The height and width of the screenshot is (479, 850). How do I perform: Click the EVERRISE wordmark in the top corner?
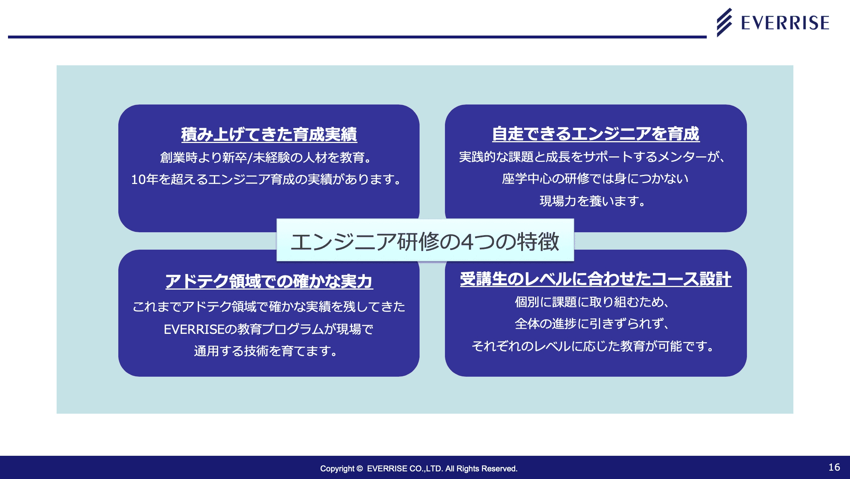point(785,23)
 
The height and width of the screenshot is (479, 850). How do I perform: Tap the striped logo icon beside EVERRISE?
point(724,22)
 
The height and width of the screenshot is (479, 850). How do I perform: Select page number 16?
point(834,467)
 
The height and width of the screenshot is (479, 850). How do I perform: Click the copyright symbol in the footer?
point(360,468)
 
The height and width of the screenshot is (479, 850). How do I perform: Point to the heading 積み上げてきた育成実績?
point(269,134)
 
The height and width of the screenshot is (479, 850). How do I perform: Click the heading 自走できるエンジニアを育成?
point(596,134)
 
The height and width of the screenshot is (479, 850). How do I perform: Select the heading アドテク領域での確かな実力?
point(269,281)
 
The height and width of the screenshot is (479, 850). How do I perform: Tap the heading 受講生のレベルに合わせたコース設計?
point(596,279)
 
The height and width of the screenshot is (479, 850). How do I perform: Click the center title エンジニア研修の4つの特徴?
point(425,242)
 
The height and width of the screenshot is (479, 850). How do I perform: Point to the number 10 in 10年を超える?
point(138,180)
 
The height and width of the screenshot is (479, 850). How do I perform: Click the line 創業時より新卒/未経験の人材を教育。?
point(266,157)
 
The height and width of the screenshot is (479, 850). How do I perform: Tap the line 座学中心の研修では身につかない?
point(595,179)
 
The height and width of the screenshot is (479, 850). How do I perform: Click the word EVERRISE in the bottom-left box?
point(194,329)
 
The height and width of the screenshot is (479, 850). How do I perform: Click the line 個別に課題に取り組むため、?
point(592,302)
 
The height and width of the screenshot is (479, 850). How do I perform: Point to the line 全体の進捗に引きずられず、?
point(592,324)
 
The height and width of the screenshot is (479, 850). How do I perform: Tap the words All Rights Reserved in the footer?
point(481,468)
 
